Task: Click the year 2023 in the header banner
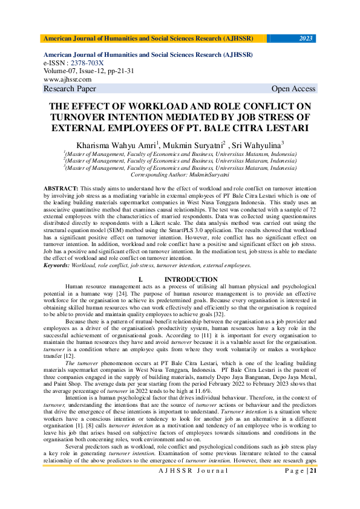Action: coord(307,39)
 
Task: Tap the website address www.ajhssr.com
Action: coord(67,79)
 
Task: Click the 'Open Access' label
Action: coord(293,89)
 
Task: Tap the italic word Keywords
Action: coord(56,265)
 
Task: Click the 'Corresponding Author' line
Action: coord(180,174)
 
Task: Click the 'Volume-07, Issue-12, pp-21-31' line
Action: coord(88,71)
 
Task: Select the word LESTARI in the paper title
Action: coord(283,128)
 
